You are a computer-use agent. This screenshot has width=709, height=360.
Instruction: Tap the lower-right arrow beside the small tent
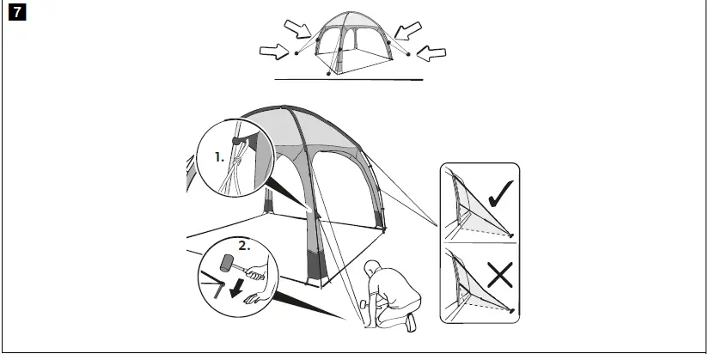(x=433, y=54)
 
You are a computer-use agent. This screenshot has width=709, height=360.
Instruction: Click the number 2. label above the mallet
(x=244, y=245)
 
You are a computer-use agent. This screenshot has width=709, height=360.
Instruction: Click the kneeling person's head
(x=375, y=267)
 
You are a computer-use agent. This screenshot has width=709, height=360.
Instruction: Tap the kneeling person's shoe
(x=412, y=321)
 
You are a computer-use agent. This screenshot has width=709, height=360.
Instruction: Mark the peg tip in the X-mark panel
(x=513, y=311)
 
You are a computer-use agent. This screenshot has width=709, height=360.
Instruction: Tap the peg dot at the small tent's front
(x=331, y=75)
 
